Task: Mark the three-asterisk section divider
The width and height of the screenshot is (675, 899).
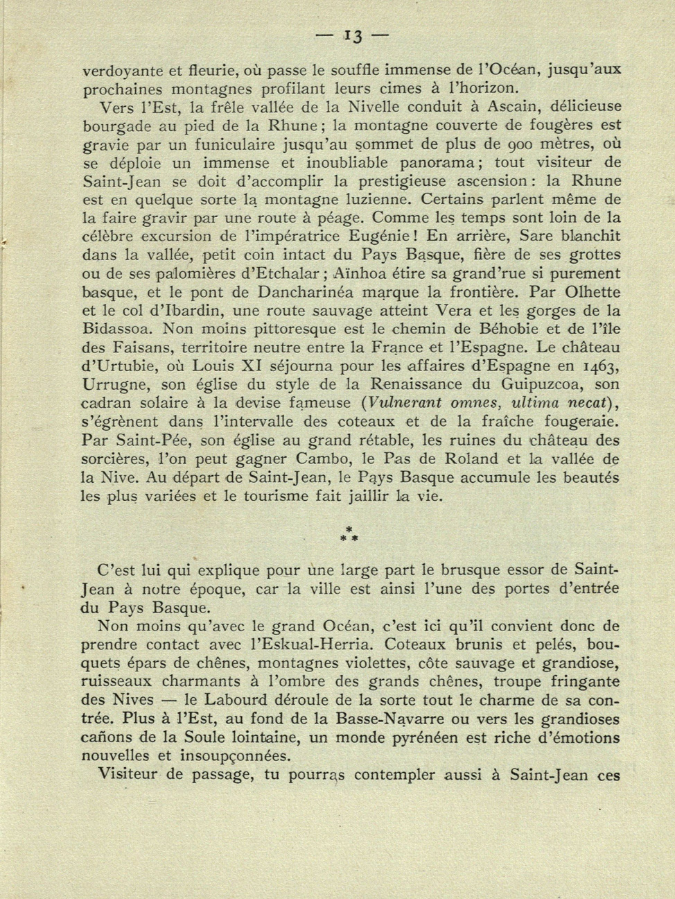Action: pos(349,533)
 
